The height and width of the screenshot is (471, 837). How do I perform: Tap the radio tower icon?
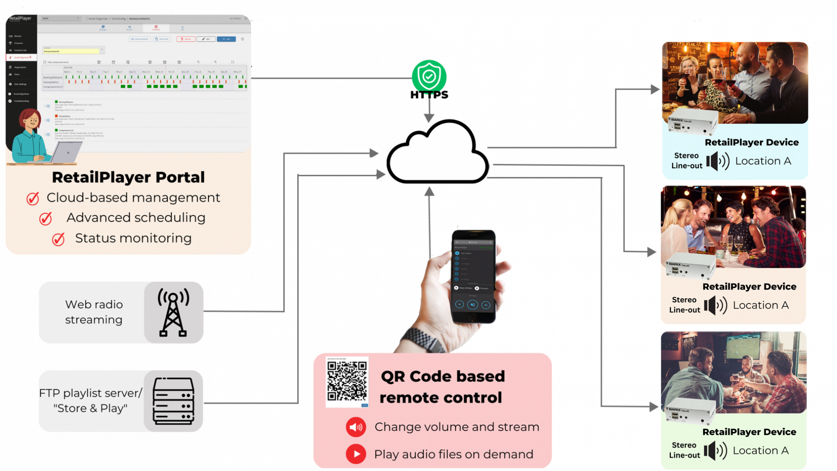[x=173, y=312]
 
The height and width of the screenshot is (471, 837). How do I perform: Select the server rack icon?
[x=173, y=401]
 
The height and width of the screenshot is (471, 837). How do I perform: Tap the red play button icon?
[x=356, y=454]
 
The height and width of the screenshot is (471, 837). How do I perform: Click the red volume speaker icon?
[x=356, y=427]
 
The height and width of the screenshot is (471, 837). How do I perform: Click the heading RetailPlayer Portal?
[x=128, y=177]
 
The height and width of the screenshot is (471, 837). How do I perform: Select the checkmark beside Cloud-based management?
[x=33, y=198]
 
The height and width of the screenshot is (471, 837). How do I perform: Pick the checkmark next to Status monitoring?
[x=58, y=239]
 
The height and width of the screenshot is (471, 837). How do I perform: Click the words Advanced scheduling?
[x=136, y=218]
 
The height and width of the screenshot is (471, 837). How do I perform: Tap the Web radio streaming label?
[x=94, y=312]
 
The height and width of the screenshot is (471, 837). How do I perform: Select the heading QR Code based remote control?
[x=442, y=386]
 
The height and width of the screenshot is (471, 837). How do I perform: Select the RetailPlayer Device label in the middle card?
[x=749, y=287]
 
